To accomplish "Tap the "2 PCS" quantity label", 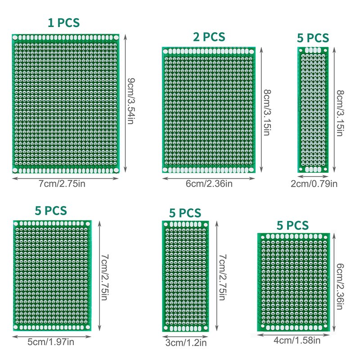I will pos(209,37).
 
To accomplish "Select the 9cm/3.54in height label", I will pos(130,102).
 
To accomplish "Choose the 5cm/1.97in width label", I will pos(51,342).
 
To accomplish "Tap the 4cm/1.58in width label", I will pos(297,341).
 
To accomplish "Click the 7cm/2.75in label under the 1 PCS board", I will pos(66,183).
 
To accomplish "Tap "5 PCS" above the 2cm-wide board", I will pos(313,38).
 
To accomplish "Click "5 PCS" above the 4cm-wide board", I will pos(292,225).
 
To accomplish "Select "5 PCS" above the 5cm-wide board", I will pos(51,210).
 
